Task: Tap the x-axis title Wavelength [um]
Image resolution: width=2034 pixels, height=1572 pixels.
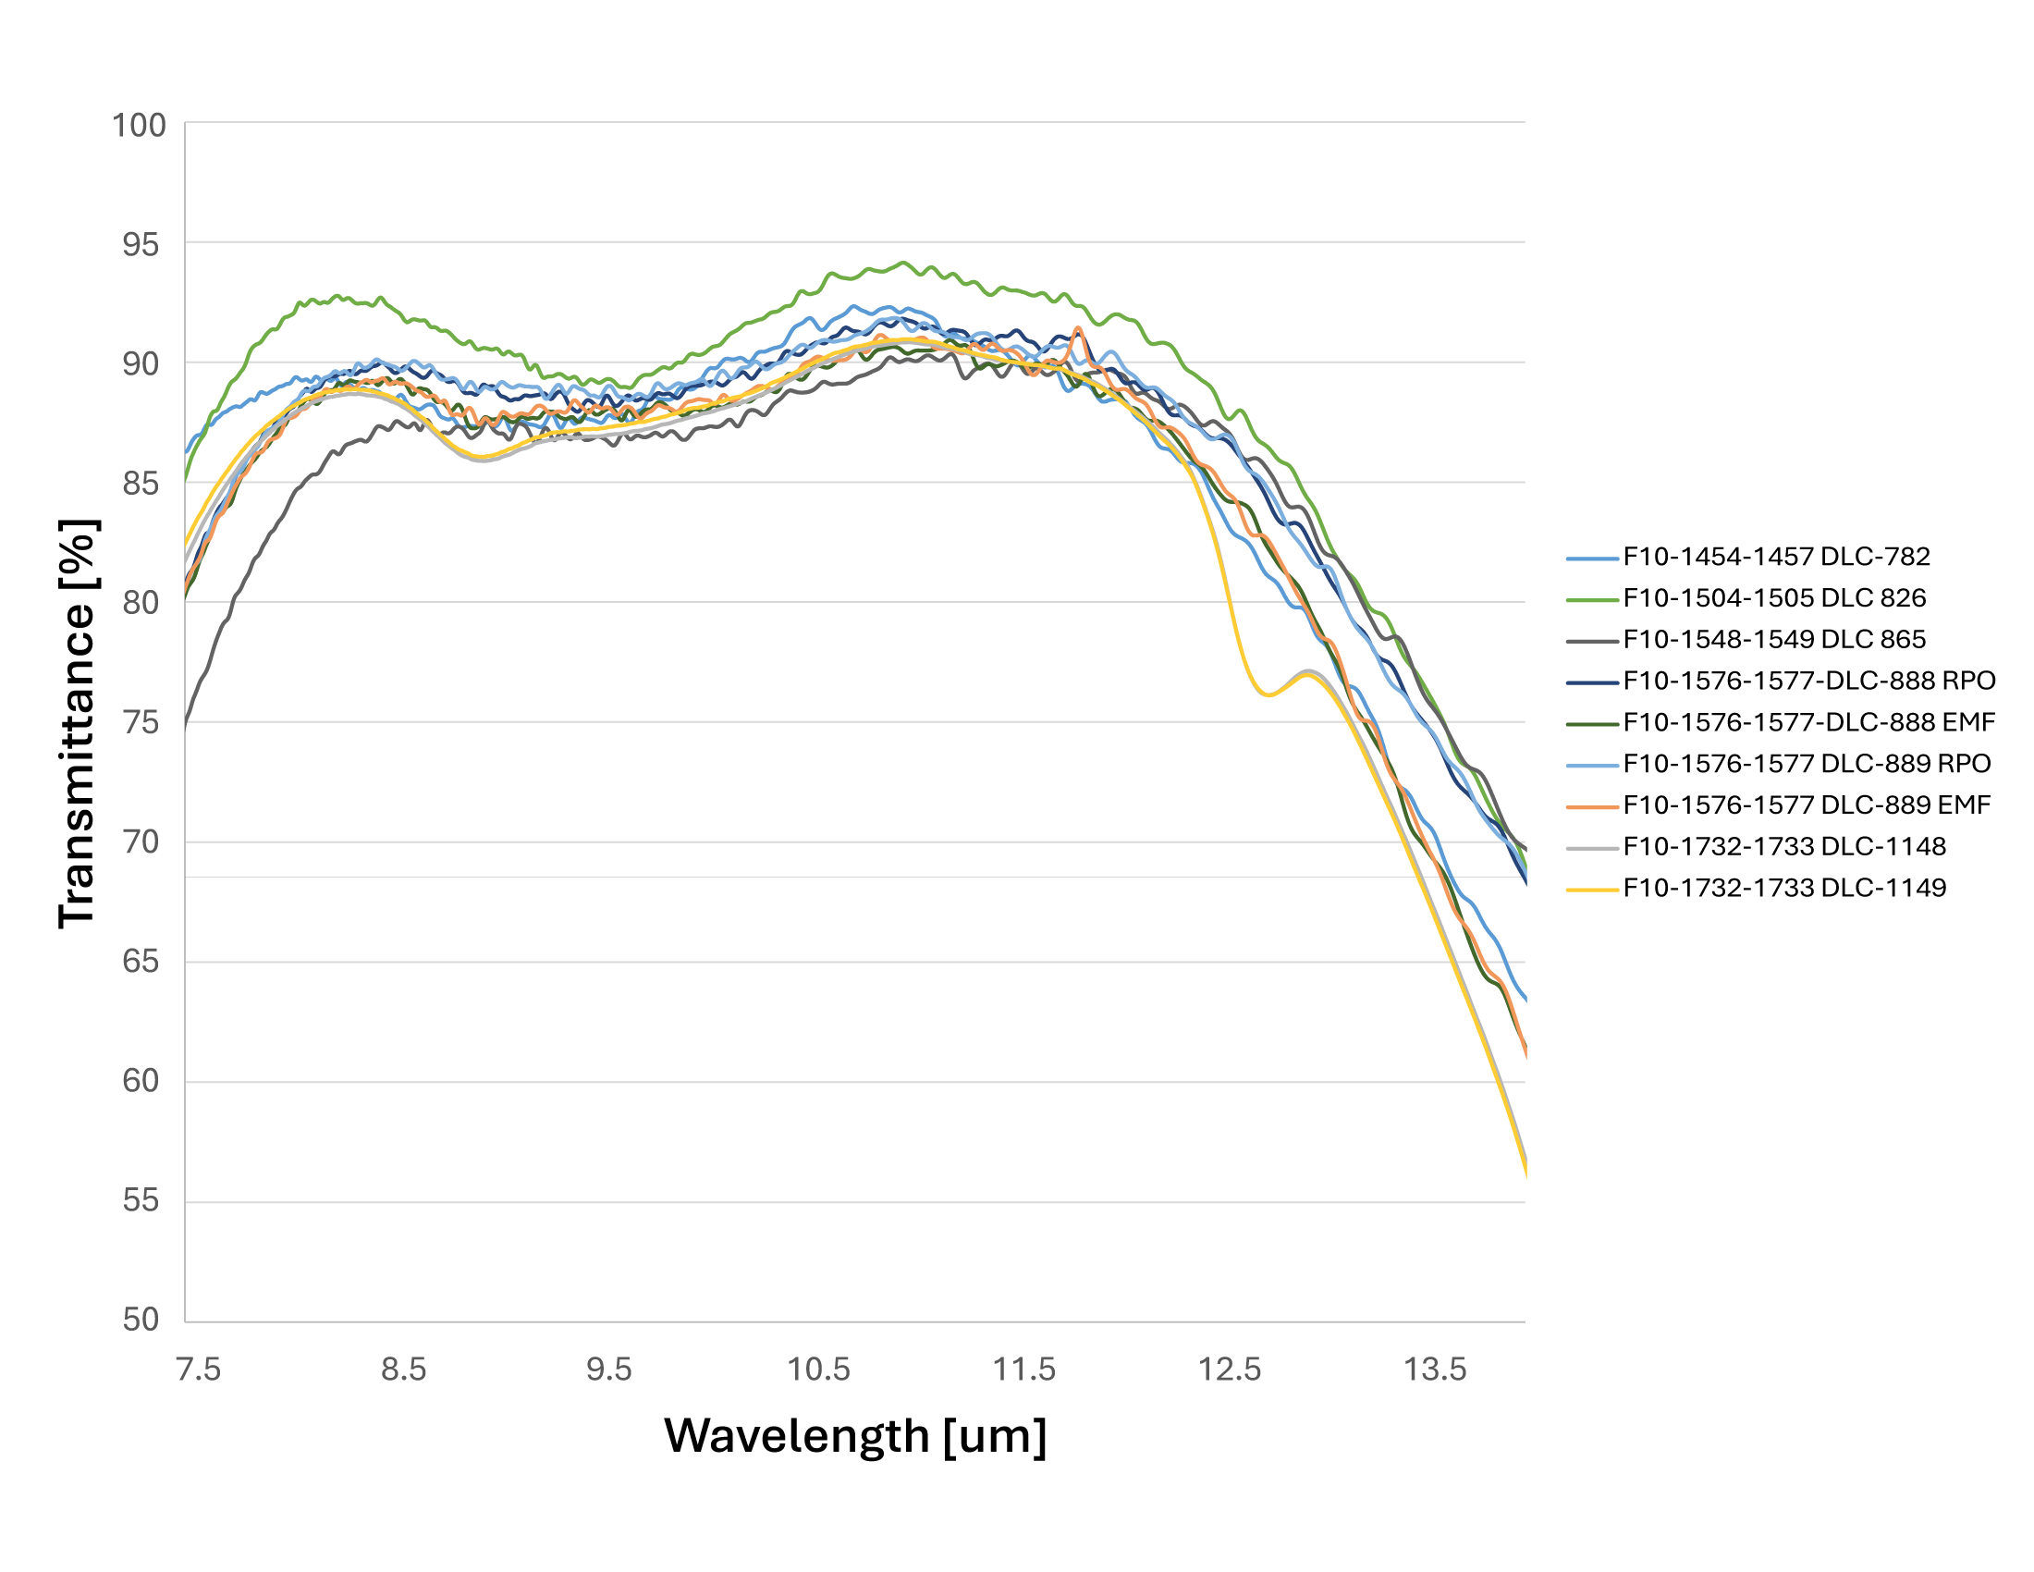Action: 855,1435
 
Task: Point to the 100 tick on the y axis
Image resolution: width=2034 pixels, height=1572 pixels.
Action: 139,125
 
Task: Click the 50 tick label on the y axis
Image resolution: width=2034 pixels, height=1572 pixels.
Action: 141,1320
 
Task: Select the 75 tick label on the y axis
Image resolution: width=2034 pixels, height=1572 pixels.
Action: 141,723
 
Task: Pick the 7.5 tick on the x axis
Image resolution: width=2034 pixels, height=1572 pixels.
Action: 199,1369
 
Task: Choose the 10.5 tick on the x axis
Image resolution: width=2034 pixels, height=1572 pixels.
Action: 818,1369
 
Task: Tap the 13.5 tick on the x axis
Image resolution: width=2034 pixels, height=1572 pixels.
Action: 1434,1369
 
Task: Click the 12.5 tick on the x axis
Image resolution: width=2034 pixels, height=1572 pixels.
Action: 1230,1369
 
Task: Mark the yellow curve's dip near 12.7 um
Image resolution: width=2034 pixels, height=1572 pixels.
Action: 1268,694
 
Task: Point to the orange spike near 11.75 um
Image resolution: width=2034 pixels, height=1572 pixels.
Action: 1078,329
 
